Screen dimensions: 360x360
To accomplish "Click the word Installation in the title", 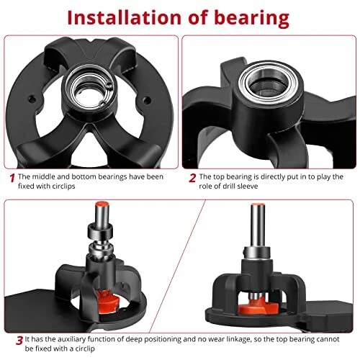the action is (x=124, y=17).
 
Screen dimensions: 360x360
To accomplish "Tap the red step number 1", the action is (x=12, y=178).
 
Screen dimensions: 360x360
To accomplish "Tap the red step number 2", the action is (x=192, y=178).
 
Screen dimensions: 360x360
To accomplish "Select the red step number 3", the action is (x=19, y=341).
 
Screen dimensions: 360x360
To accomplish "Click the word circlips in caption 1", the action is (x=63, y=186).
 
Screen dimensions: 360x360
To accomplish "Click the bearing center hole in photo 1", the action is (x=89, y=95).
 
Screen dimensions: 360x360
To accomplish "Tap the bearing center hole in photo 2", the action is (x=268, y=84).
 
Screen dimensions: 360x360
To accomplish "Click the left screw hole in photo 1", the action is (x=31, y=99).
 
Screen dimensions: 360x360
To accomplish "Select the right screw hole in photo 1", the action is (x=147, y=100).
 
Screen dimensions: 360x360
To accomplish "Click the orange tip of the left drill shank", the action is (x=102, y=204).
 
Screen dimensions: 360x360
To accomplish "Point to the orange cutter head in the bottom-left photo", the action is (x=109, y=301).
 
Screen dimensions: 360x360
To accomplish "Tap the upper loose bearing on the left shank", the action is (x=100, y=231).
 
